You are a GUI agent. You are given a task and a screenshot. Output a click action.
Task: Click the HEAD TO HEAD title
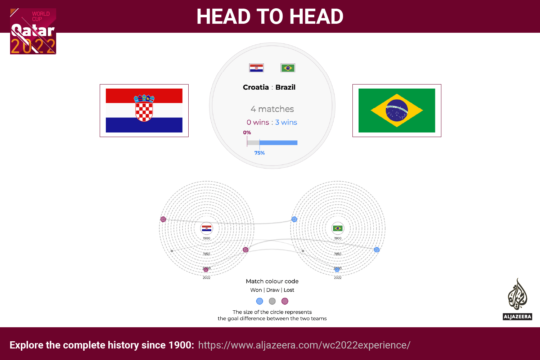(x=270, y=17)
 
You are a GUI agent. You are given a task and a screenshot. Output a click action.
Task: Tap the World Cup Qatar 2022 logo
(x=33, y=31)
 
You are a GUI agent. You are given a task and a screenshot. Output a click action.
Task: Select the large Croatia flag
(x=144, y=111)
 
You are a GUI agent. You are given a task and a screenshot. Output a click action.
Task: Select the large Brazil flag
(x=397, y=111)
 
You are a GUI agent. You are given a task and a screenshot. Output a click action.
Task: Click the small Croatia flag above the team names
(x=256, y=68)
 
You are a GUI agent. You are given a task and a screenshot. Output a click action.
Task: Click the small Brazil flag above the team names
(x=288, y=68)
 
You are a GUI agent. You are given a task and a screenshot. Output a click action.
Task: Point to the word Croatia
(x=256, y=87)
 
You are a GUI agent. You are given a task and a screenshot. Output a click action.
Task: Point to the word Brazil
(x=285, y=87)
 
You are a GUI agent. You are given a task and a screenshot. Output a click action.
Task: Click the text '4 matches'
(x=272, y=109)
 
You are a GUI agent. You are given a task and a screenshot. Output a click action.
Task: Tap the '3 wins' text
(x=286, y=122)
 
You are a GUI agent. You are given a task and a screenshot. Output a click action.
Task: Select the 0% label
(x=247, y=132)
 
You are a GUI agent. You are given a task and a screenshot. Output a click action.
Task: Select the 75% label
(x=260, y=153)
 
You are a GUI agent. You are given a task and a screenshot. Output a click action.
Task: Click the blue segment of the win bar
(x=278, y=143)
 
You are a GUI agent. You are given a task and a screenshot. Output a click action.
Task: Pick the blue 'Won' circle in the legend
(x=260, y=301)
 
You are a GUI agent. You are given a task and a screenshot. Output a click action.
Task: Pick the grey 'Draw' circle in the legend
(x=272, y=301)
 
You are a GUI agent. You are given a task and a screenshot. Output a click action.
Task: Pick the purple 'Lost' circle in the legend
(x=285, y=301)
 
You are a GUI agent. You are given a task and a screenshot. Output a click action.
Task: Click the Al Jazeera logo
(x=517, y=299)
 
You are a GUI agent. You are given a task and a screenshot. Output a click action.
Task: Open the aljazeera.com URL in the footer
(x=304, y=345)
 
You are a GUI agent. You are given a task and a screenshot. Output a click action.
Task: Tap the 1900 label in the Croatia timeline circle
(x=206, y=238)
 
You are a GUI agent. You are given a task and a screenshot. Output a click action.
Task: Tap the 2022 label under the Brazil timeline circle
(x=338, y=278)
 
